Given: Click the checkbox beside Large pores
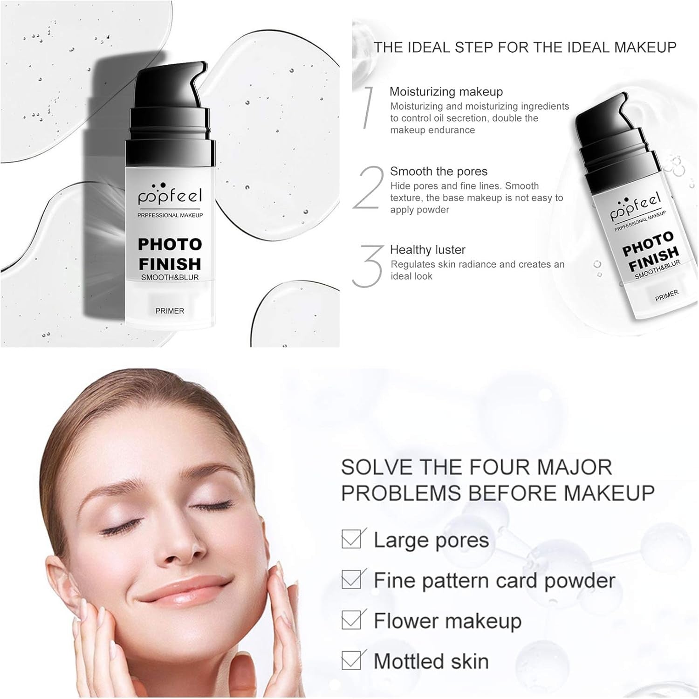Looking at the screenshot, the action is coord(351,540).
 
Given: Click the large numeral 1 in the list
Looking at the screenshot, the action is coord(369,107).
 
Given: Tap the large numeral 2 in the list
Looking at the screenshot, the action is coord(369,188).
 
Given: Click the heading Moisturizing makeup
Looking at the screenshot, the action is coord(446,92).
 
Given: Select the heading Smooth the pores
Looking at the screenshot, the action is coord(439,171).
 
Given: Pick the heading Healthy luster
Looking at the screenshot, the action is coord(427,250).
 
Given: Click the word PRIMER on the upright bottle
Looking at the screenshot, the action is coord(170,311).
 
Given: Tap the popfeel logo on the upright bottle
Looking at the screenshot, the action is coord(170,195).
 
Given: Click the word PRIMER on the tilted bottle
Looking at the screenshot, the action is coord(667,295).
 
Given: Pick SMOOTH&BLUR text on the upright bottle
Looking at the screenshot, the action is coord(170,277).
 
